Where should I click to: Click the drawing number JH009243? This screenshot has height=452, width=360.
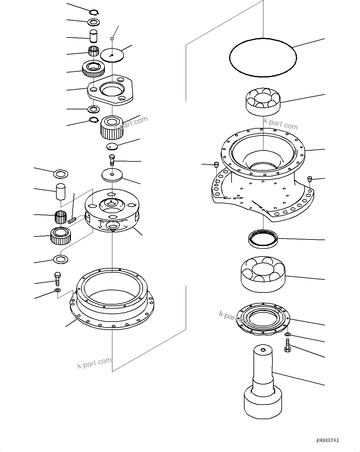point(327,440)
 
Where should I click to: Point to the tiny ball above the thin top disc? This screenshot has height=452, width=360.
point(112,38)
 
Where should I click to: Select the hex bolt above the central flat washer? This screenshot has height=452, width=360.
point(112,160)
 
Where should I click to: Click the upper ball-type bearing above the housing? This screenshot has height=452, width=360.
point(263,102)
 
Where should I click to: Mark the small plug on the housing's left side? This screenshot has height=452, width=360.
point(217,164)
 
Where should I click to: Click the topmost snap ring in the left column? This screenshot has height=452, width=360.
point(93,12)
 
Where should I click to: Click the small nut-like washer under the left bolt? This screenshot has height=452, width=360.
point(57,290)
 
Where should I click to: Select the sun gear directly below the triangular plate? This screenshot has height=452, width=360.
point(112,127)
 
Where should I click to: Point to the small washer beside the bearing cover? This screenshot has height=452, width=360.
point(288,335)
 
